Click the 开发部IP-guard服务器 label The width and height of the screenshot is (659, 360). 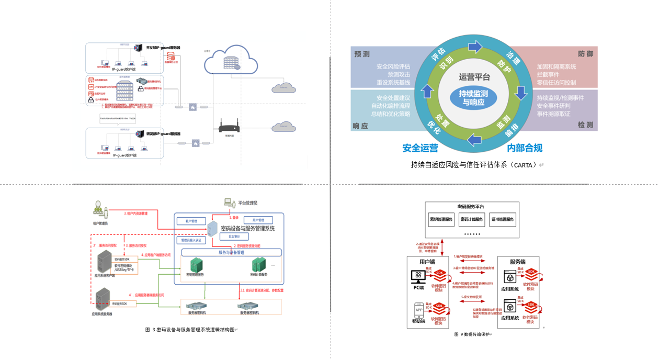[163, 48]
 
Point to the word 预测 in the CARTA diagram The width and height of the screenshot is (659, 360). [362, 54]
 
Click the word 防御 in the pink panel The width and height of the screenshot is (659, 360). [585, 54]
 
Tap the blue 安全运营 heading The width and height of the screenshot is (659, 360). [420, 148]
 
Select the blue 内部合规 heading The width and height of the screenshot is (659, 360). [525, 148]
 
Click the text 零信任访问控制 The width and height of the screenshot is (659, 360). [556, 83]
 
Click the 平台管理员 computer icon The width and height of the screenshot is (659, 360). [229, 202]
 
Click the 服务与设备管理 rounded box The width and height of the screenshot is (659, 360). [231, 252]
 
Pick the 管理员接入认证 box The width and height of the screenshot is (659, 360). [191, 241]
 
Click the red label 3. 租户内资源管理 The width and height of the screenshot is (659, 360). [135, 213]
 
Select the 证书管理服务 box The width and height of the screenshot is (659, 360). [503, 219]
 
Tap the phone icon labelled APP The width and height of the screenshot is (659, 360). [419, 309]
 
